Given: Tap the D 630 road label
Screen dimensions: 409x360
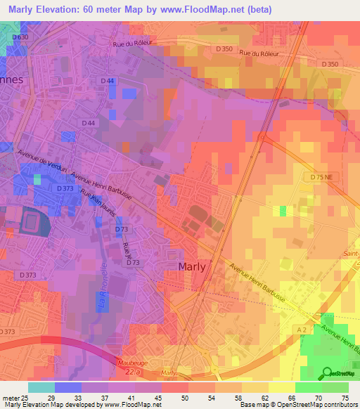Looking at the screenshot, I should [x=21, y=37].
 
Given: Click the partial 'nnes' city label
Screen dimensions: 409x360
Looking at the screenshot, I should [x=12, y=79].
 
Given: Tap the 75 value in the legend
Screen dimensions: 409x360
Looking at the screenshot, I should [x=345, y=397].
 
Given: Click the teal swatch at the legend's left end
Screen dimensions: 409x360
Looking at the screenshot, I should [x=41, y=387].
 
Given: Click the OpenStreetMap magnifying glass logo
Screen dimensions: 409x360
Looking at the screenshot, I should [x=326, y=372].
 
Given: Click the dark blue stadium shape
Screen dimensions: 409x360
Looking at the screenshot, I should [x=31, y=223].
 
